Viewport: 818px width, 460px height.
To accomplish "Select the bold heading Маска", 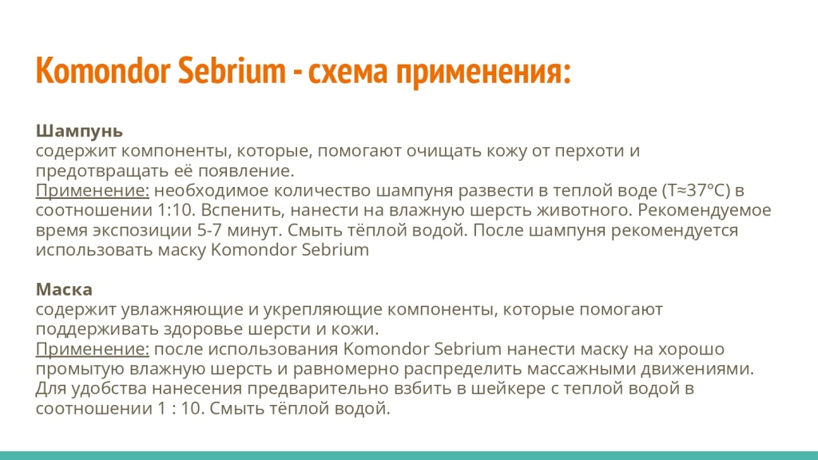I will [x=64, y=288].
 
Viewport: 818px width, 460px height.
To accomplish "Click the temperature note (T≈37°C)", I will [x=696, y=191].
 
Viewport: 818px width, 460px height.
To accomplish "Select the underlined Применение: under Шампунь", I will [x=93, y=191].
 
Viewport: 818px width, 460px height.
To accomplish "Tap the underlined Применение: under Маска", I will [x=93, y=349].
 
